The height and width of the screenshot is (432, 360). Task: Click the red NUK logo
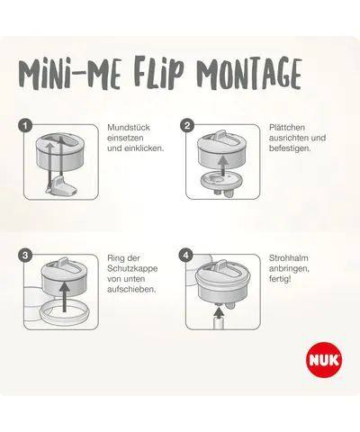[324, 359]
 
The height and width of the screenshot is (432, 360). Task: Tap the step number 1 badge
[25, 125]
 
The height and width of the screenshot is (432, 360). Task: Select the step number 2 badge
[187, 125]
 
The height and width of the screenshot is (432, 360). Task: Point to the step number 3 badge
[25, 256]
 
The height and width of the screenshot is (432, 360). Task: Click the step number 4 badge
[186, 256]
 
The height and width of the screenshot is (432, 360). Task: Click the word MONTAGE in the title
[249, 73]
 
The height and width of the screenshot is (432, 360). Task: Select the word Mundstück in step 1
[129, 127]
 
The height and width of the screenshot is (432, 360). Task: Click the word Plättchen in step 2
[287, 127]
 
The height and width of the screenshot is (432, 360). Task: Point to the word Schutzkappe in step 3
[132, 268]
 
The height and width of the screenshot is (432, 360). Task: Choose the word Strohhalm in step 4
[289, 258]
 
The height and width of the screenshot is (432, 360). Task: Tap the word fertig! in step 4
[280, 279]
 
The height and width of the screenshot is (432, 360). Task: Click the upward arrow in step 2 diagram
[222, 166]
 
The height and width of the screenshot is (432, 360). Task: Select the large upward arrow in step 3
[65, 296]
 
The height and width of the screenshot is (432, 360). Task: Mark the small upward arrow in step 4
[220, 313]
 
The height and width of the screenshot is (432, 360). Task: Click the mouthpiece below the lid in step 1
[62, 185]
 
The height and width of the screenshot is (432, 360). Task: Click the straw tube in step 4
[220, 324]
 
